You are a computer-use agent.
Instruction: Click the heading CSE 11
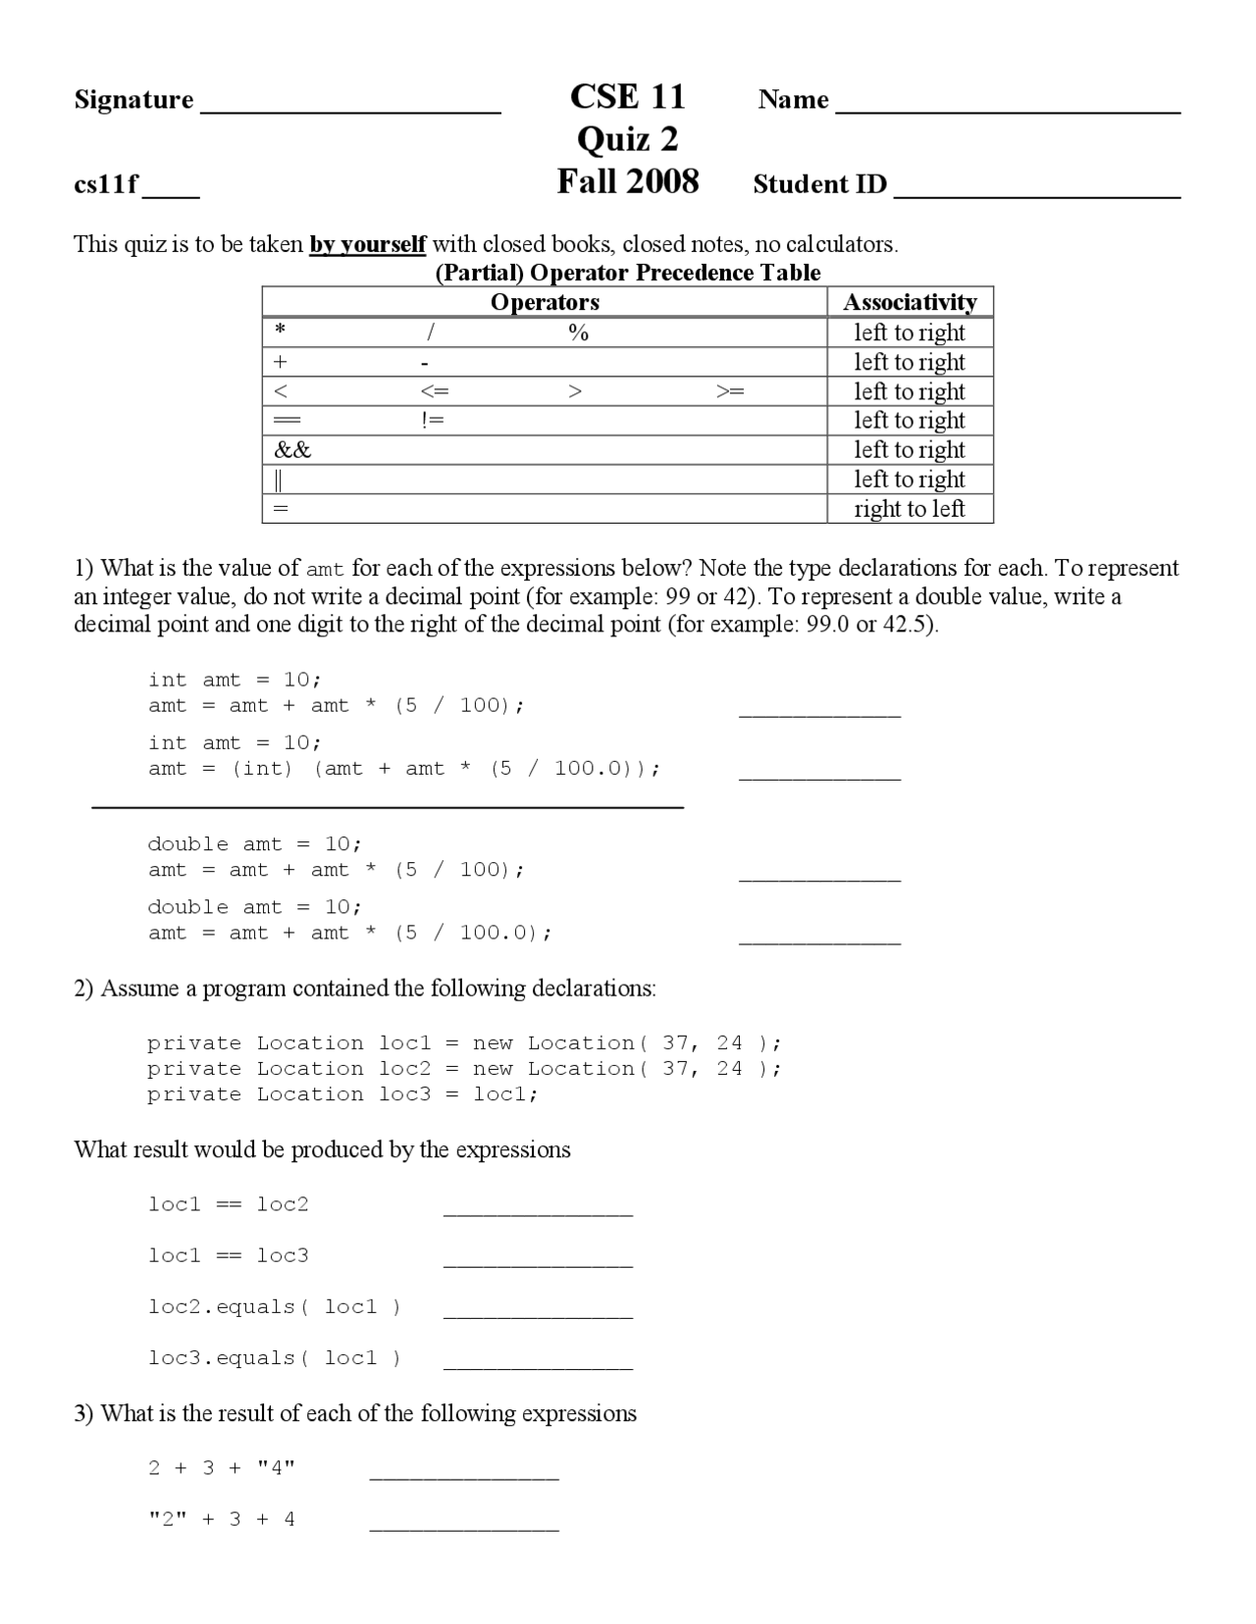[627, 97]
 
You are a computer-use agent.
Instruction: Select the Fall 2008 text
[627, 182]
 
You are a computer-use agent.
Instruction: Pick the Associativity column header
[910, 302]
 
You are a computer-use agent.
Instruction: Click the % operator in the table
[578, 333]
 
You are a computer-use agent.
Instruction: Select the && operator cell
[292, 450]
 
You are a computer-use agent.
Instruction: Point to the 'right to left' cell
[909, 509]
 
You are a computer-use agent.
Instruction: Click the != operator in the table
[432, 421]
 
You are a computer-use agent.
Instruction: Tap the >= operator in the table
[730, 391]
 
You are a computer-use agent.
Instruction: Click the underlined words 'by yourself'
[367, 244]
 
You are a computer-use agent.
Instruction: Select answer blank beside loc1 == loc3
[538, 1260]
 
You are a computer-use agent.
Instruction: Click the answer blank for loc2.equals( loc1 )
[538, 1311]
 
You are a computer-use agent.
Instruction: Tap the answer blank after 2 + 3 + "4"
[464, 1473]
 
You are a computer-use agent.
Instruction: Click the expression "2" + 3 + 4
[222, 1519]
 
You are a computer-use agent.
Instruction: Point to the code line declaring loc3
[342, 1094]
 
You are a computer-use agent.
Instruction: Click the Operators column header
[545, 302]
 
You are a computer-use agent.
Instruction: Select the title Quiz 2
[627, 139]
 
